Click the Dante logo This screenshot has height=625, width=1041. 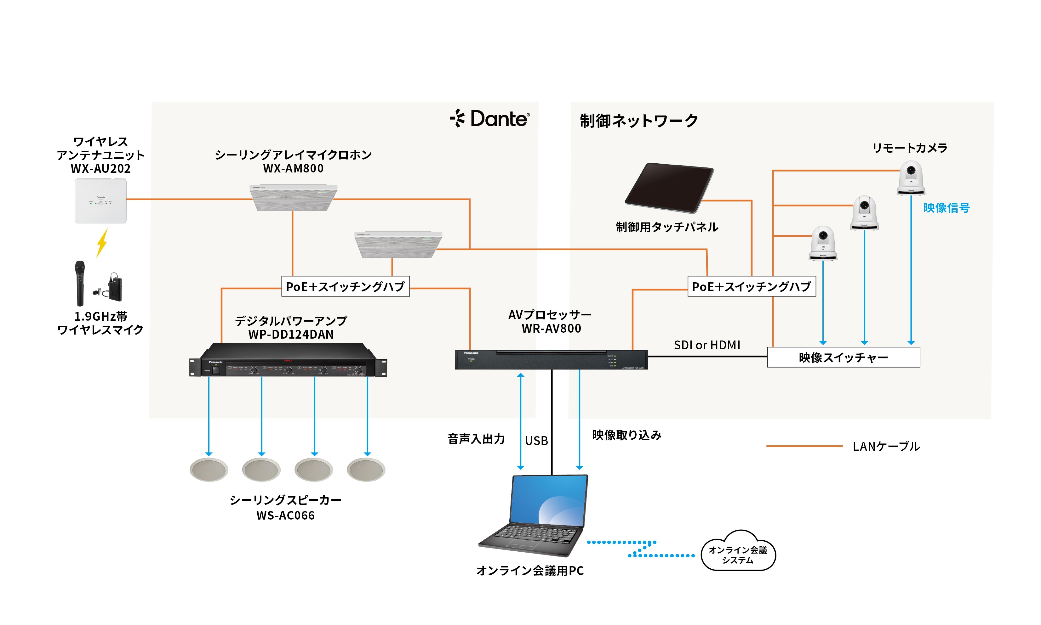(x=490, y=118)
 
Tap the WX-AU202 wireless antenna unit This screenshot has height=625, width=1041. (x=101, y=201)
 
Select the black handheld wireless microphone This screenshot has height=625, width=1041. (x=80, y=283)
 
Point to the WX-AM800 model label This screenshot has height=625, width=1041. (x=293, y=168)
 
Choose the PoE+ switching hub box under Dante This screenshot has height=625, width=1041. (x=345, y=286)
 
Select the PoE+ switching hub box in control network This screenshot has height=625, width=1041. (x=752, y=286)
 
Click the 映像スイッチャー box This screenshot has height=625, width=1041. (x=843, y=357)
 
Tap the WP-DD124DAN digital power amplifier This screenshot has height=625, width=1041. (x=288, y=361)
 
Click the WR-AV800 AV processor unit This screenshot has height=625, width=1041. (x=551, y=360)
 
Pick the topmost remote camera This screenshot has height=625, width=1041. (x=911, y=178)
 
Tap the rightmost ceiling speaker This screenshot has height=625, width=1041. (x=366, y=469)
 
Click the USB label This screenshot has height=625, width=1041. (x=536, y=441)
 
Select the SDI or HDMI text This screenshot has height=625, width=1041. (x=707, y=345)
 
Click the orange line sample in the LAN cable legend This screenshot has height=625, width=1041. (x=804, y=446)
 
